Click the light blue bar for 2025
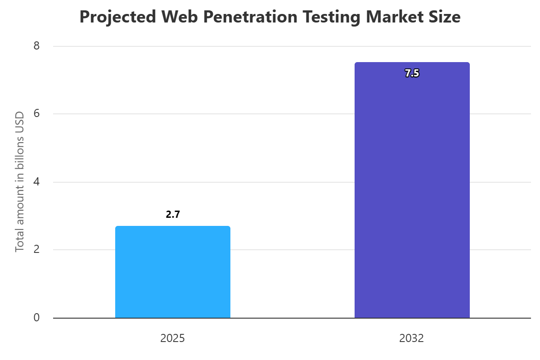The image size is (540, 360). click(173, 272)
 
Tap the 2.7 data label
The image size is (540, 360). click(173, 215)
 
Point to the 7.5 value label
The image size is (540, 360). click(412, 74)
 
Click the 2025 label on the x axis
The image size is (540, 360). click(173, 338)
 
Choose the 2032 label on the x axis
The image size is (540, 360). click(412, 338)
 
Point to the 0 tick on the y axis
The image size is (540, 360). click(36, 318)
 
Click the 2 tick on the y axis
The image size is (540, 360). click(36, 250)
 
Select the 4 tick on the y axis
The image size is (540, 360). click(36, 182)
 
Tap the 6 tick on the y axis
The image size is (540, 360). click(36, 114)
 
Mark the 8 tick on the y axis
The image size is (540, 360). click(36, 46)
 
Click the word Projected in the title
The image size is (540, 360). click(118, 17)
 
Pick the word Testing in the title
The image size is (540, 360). click(331, 17)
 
